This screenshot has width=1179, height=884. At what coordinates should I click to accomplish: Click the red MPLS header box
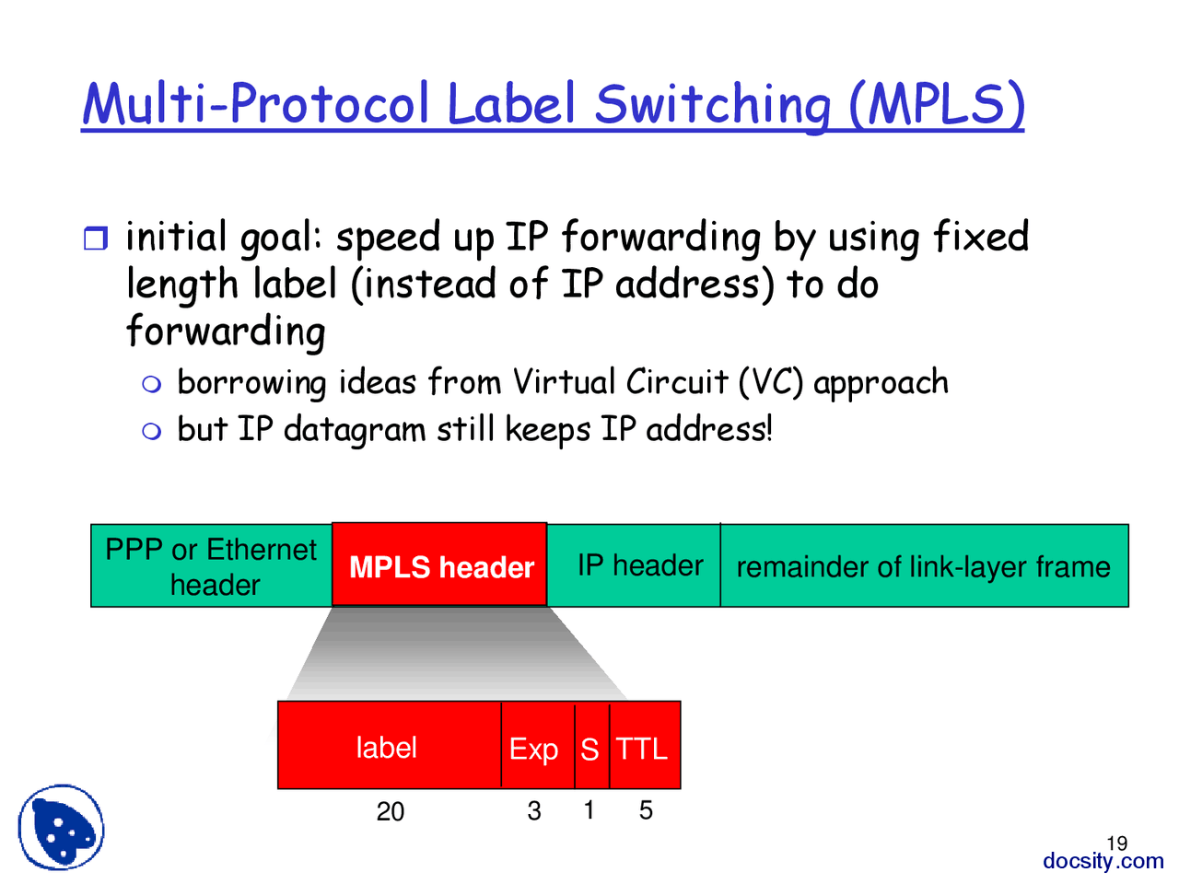coord(439,565)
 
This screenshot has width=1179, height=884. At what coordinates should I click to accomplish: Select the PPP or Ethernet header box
coord(211,565)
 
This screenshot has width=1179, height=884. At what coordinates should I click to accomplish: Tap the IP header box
coord(639,565)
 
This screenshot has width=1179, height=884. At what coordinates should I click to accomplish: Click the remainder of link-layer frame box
coord(923,566)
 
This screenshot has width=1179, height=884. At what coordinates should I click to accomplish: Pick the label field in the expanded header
coord(387,747)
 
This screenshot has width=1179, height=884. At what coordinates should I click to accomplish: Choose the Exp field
coord(534,748)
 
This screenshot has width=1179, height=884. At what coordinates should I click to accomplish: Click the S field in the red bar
coord(590,748)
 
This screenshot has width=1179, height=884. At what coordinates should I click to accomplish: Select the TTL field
coord(642,748)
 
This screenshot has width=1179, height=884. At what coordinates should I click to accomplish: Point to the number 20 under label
coord(391,811)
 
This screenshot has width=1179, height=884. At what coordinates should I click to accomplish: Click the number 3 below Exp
coord(534,810)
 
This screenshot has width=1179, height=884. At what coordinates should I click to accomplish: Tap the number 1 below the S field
coord(589,810)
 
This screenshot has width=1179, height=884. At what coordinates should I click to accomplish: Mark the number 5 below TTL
coord(646,810)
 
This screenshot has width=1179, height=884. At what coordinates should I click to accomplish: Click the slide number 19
coord(1116,843)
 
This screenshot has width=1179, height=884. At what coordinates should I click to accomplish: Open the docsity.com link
coord(1103,861)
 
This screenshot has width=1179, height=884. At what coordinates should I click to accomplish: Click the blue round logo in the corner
coord(61,827)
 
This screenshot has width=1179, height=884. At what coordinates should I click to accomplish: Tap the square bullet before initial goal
coord(96,239)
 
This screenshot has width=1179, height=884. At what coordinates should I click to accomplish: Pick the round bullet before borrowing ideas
coord(152,384)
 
